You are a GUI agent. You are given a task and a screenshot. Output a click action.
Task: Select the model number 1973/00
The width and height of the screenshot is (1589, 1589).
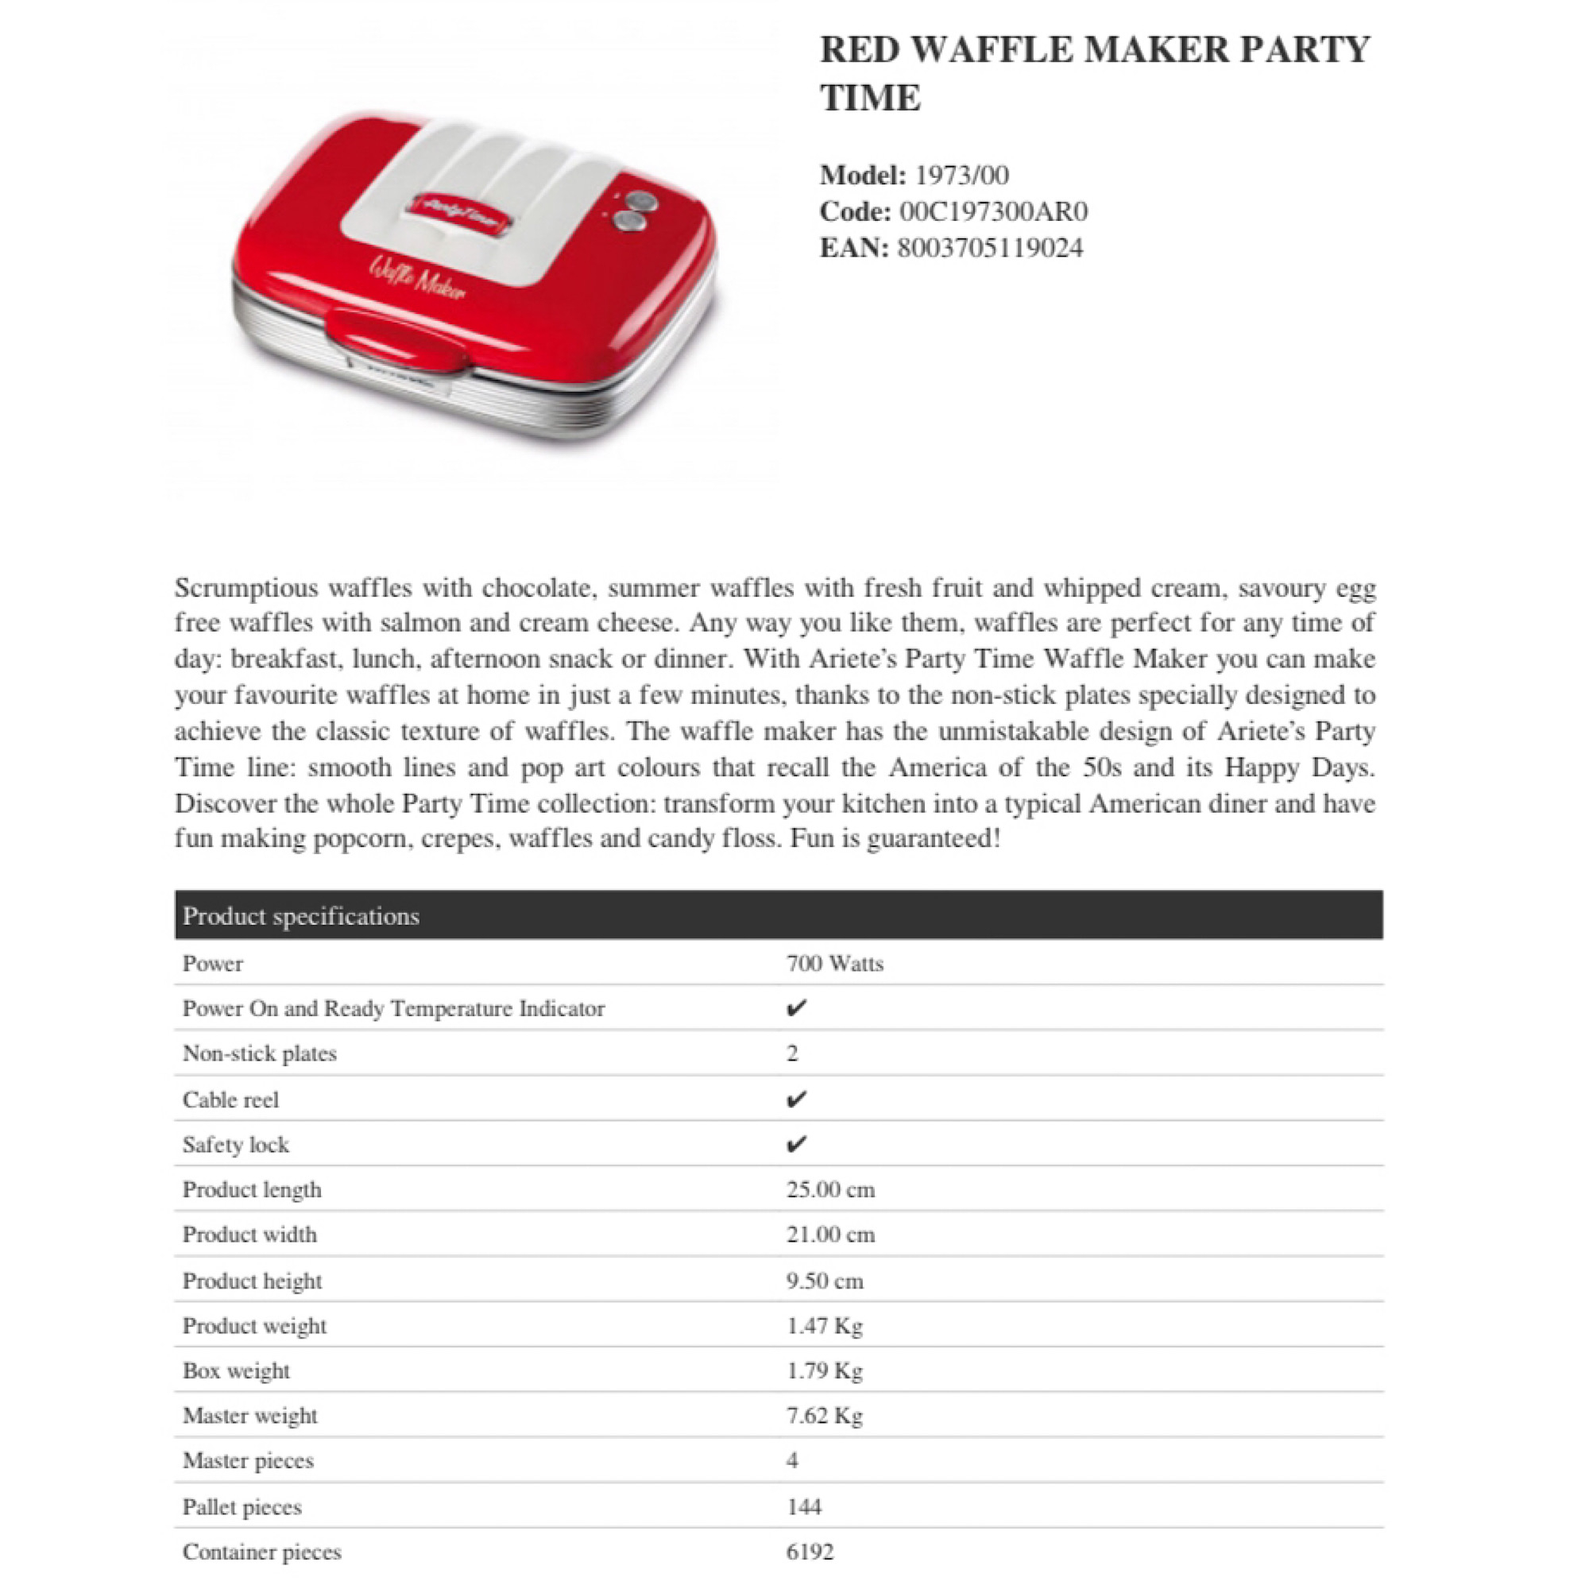point(961,175)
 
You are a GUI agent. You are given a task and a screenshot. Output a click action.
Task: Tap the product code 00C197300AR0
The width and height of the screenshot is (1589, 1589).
point(994,211)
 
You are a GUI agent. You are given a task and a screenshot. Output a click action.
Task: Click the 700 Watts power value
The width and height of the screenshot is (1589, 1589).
point(834,963)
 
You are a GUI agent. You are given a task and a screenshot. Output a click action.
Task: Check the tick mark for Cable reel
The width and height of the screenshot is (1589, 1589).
point(795,1100)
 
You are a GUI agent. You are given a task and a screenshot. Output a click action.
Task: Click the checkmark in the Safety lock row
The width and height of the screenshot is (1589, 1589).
point(795,1144)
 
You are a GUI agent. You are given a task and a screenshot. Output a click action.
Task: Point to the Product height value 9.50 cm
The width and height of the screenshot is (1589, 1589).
point(824,1281)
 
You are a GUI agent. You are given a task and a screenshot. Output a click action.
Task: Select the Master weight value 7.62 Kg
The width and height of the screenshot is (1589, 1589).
point(824,1416)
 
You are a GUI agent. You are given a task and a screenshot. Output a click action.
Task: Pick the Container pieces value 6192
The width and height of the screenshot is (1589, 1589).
point(810,1551)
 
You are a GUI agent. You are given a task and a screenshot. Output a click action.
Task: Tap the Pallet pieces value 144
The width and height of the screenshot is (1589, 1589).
point(803,1506)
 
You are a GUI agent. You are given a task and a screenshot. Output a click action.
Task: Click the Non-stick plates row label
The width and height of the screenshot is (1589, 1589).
point(259,1054)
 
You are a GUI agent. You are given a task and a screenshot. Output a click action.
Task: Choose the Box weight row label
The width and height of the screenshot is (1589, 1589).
point(236,1371)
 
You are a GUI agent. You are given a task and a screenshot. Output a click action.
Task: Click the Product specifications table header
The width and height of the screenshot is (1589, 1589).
point(301,915)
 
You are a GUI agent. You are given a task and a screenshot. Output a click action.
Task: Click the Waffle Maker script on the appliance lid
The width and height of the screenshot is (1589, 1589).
point(418,278)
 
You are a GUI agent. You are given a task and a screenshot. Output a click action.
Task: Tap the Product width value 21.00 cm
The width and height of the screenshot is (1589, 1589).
point(830,1235)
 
